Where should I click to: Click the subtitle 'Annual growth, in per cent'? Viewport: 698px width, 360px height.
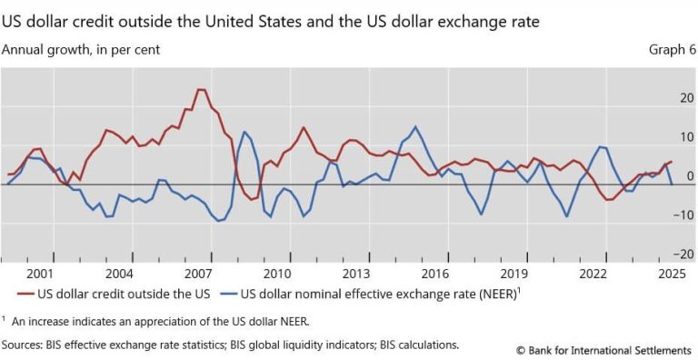click(x=82, y=50)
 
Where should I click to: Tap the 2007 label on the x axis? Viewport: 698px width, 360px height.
click(x=198, y=273)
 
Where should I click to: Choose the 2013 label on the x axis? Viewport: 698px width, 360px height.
click(x=356, y=273)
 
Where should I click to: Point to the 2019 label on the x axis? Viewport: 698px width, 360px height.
click(x=514, y=273)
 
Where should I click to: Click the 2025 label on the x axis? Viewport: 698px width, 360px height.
click(x=672, y=273)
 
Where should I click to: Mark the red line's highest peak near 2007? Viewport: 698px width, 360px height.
click(x=200, y=90)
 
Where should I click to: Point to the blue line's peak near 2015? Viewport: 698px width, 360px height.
click(x=415, y=126)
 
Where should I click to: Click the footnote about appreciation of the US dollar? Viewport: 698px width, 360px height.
click(x=159, y=320)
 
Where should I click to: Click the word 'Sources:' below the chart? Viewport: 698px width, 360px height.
click(x=26, y=345)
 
